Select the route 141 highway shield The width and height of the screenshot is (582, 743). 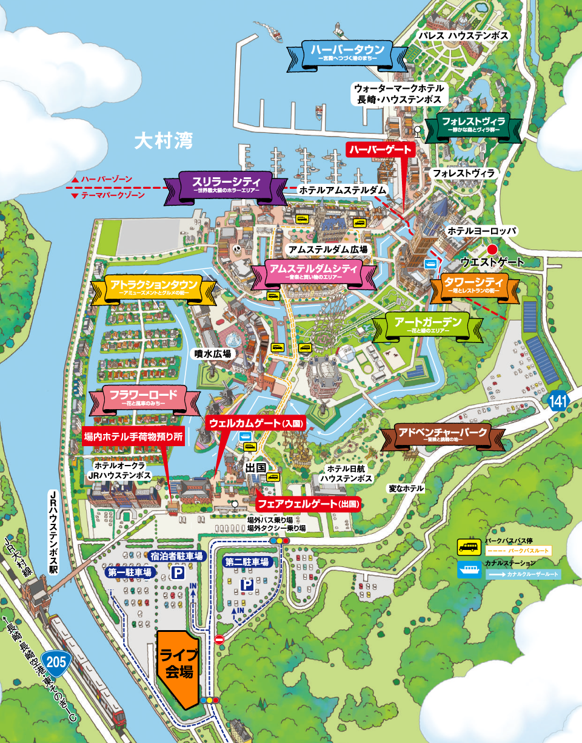click(558, 401)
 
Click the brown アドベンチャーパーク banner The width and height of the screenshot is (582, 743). click(443, 435)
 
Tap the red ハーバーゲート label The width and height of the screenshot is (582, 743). click(380, 149)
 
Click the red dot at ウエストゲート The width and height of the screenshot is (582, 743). click(493, 248)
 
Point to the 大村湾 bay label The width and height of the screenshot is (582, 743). click(163, 142)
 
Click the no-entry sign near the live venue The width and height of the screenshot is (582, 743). click(219, 639)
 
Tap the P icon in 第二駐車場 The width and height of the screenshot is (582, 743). click(247, 585)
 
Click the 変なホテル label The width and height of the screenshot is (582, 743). click(407, 489)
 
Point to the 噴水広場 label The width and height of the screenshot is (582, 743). click(212, 353)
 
